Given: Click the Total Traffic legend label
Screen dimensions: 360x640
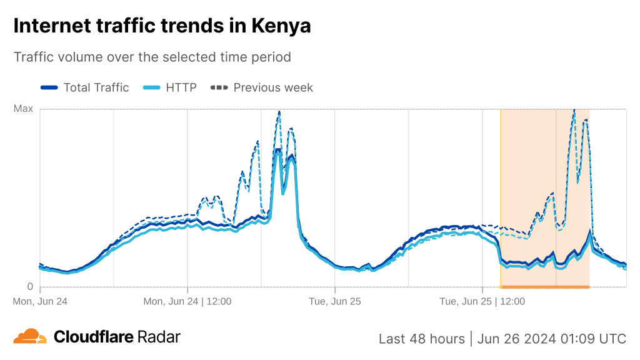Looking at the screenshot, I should pyautogui.click(x=96, y=87).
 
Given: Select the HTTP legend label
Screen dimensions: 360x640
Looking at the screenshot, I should pyautogui.click(x=181, y=87).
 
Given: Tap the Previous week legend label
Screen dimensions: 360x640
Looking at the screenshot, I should pyautogui.click(x=273, y=87).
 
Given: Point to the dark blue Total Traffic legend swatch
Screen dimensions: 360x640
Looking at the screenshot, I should pyautogui.click(x=49, y=87).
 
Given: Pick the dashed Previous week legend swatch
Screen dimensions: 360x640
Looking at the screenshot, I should pyautogui.click(x=219, y=87).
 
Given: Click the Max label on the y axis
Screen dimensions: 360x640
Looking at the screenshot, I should pyautogui.click(x=23, y=109).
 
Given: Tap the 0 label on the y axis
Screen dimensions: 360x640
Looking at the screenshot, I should pyautogui.click(x=29, y=287).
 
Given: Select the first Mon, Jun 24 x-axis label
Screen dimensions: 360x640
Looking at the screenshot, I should pyautogui.click(x=40, y=301).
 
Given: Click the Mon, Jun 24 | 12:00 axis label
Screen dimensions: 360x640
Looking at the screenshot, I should pyautogui.click(x=187, y=301).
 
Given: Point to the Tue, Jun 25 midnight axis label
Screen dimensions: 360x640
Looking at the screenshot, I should pyautogui.click(x=334, y=301).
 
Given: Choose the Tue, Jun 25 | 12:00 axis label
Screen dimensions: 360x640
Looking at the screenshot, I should pyautogui.click(x=482, y=301).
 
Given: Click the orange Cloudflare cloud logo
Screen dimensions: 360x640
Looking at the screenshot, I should pyautogui.click(x=30, y=337).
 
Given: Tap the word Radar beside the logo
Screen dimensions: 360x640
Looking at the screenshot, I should pyautogui.click(x=159, y=337).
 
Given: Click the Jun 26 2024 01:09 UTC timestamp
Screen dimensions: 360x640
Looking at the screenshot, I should pyautogui.click(x=551, y=339).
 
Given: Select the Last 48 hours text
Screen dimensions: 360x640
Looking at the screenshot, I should pyautogui.click(x=422, y=339).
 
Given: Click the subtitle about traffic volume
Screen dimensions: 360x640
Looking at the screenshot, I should pyautogui.click(x=152, y=57).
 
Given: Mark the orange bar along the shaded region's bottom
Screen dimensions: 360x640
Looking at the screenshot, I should pyautogui.click(x=544, y=287).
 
